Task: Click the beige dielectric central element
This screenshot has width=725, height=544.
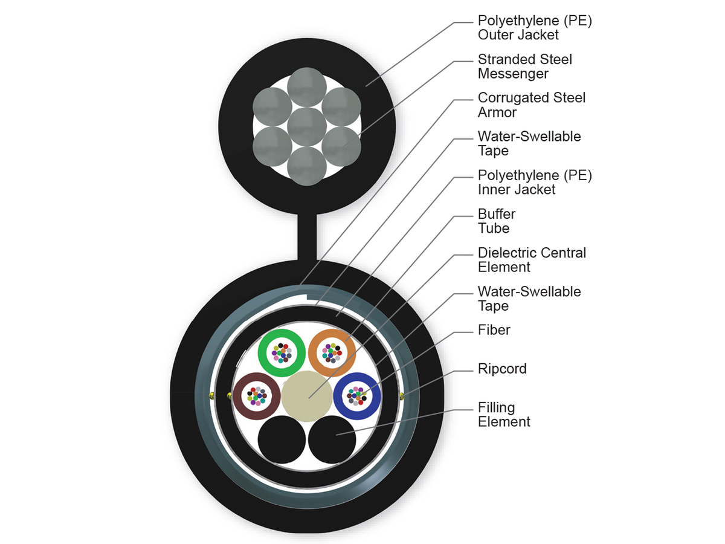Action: (307, 396)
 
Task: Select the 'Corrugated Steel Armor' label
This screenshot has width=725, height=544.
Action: (531, 105)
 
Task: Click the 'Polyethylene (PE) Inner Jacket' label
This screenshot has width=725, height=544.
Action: (534, 183)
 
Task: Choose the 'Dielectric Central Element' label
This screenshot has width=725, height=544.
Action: (532, 260)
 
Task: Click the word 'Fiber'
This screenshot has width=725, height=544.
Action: (494, 330)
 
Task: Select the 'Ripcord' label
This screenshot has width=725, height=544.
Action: (502, 369)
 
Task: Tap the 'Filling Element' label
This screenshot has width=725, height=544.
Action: (504, 415)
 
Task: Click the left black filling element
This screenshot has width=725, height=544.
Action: (281, 439)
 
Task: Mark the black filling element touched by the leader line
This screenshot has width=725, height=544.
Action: (332, 439)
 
